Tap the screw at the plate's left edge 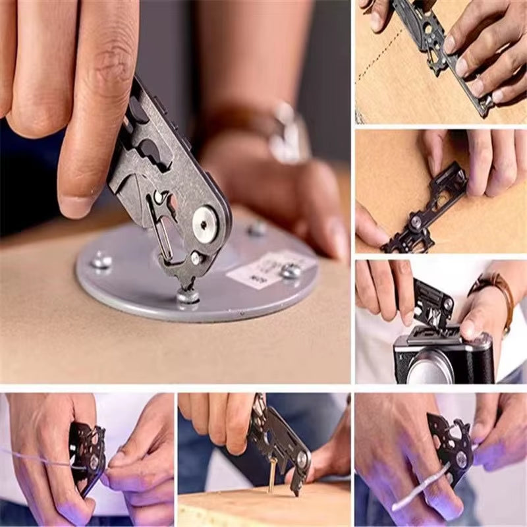pos(101,261)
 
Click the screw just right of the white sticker pos(290,270)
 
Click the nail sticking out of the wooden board pos(271,476)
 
